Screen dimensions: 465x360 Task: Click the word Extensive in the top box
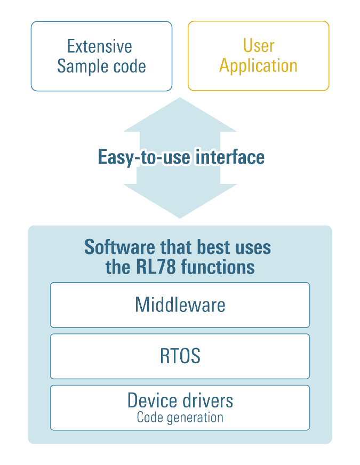click(99, 46)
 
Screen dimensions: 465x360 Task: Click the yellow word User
click(258, 46)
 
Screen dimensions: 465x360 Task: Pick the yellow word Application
click(258, 66)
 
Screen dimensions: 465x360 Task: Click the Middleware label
click(180, 305)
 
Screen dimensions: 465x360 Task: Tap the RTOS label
click(180, 356)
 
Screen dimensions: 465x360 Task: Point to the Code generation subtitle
click(180, 417)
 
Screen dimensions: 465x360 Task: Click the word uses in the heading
click(251, 247)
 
